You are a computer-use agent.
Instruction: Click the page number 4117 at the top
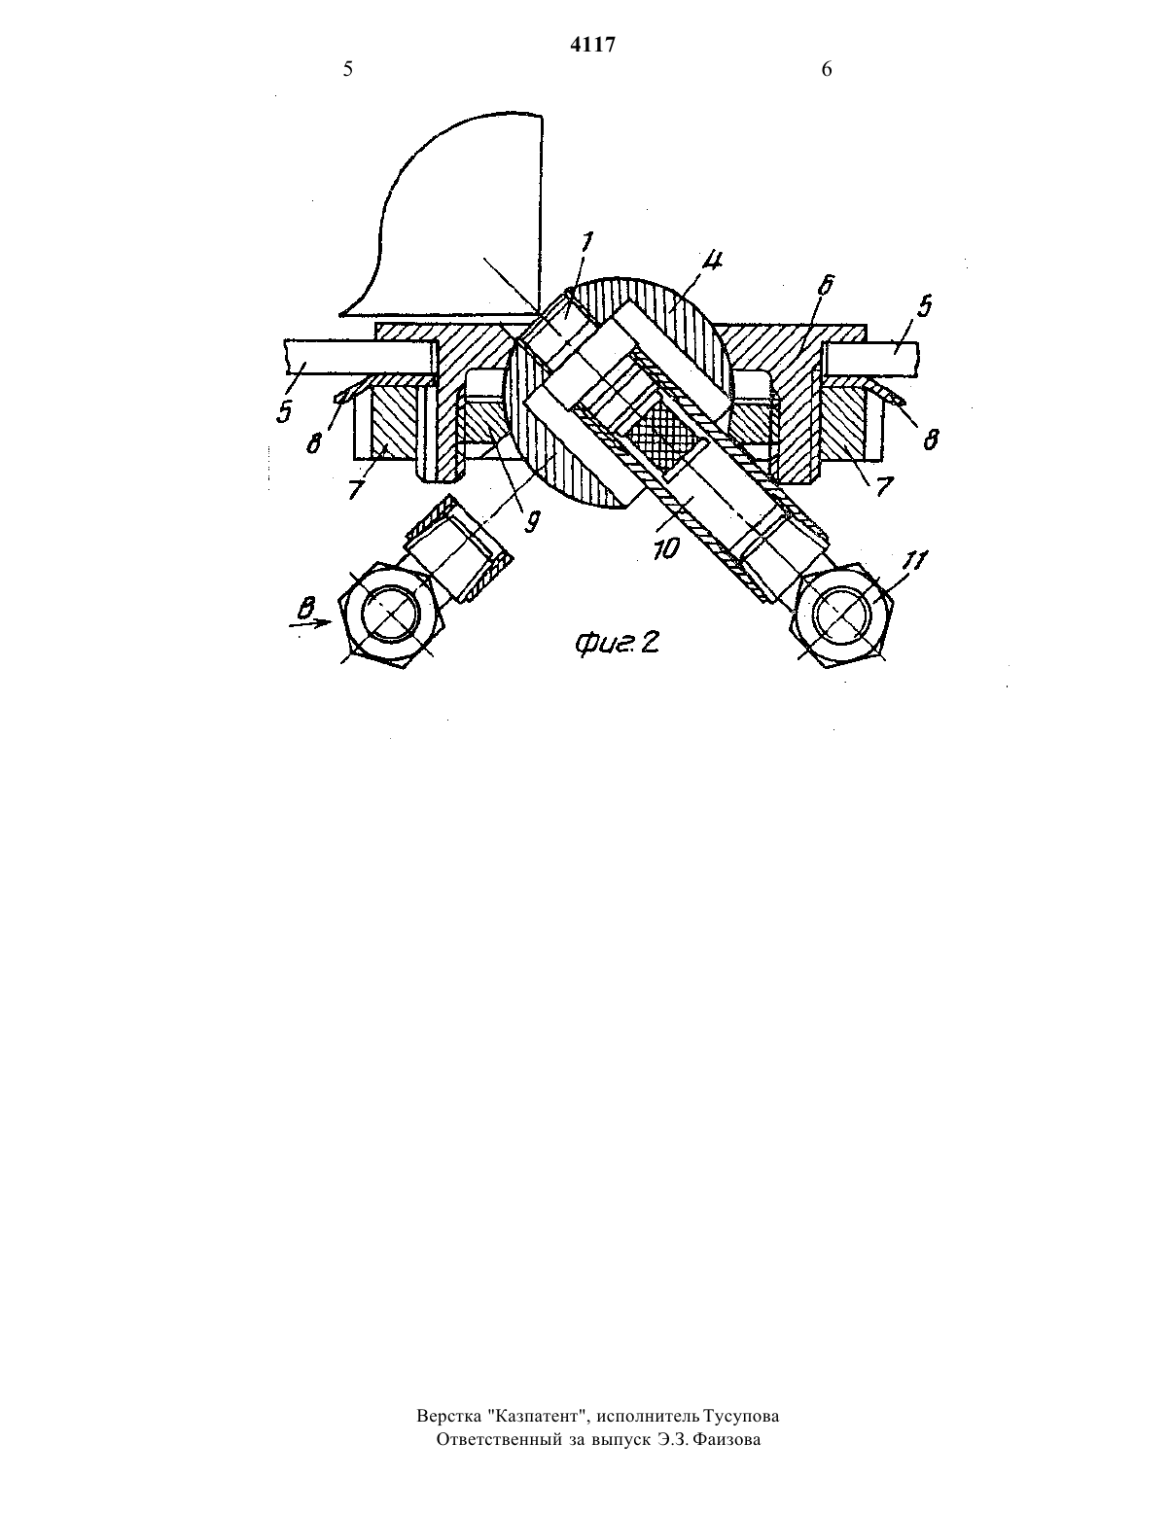pos(592,45)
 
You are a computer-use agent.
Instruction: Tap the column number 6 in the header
pos(827,69)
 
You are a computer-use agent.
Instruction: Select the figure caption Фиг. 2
pos(617,643)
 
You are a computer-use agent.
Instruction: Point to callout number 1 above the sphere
pos(586,242)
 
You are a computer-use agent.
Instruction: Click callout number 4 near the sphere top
pos(713,262)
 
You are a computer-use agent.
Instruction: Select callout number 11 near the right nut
pos(916,560)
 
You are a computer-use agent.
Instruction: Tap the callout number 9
pos(532,522)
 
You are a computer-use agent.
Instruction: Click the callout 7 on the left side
pos(357,489)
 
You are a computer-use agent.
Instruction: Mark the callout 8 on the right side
pos(932,439)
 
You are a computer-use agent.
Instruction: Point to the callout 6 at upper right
pos(828,285)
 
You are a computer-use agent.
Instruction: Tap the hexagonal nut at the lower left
pos(391,614)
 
